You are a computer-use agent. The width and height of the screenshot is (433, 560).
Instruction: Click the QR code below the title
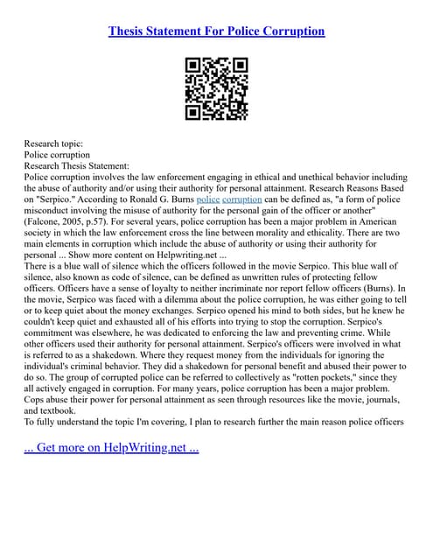coord(216,88)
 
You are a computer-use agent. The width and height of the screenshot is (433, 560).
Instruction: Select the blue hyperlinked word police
coord(208,199)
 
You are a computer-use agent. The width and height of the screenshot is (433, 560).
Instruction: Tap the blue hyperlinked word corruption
coord(248,199)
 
